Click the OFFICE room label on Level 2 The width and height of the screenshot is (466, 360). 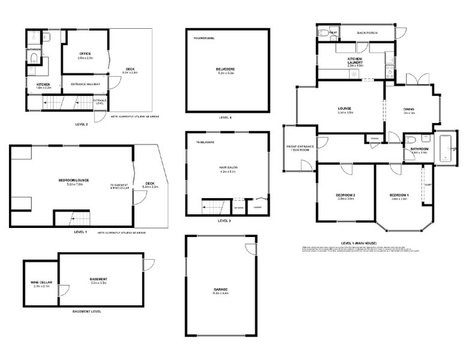[x=85, y=53]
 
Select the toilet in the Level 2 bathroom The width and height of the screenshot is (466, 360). [x=34, y=58]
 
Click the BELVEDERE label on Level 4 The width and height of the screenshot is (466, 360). [x=225, y=69]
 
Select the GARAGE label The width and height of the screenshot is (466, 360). [x=220, y=290]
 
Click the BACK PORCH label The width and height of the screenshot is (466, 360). [x=367, y=33]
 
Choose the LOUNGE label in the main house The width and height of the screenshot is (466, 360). [x=344, y=109]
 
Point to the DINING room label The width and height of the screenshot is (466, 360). [x=409, y=109]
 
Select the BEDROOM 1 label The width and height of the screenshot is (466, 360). [x=399, y=196]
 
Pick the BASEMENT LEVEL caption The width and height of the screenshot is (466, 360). [x=86, y=311]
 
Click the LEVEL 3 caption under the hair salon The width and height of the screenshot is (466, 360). [x=224, y=221]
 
